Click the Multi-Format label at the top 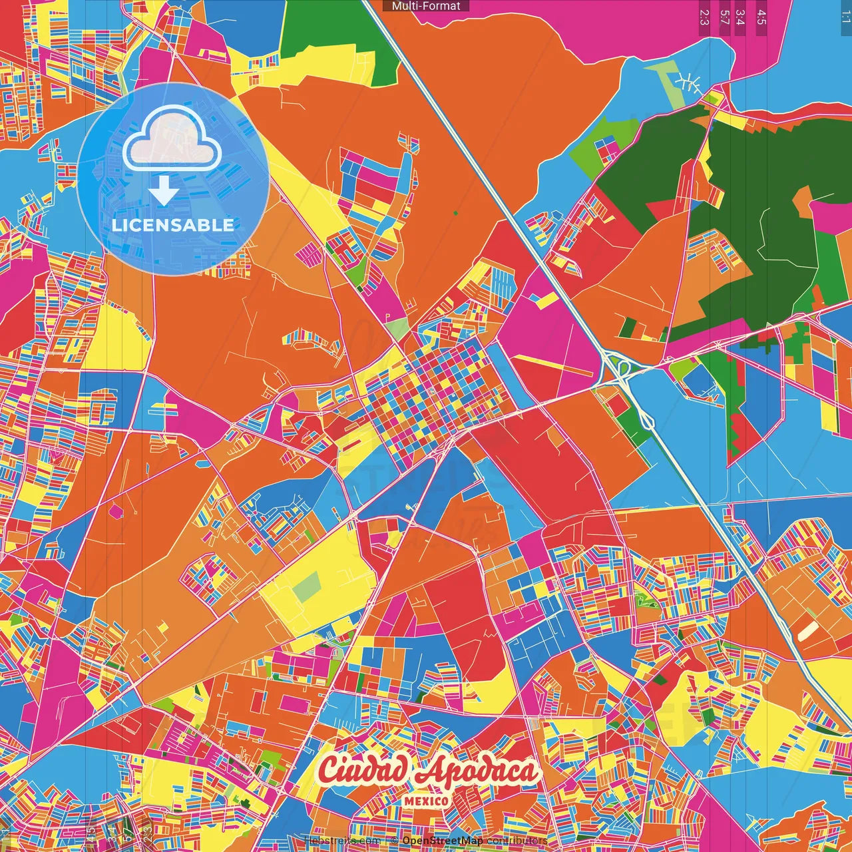pos(426,6)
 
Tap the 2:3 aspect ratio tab pos(704,17)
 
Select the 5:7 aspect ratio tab pos(724,17)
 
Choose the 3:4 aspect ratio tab pos(740,17)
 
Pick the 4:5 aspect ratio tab pos(761,17)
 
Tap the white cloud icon pos(172,138)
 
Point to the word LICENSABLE pos(173,225)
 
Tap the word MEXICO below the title pos(426,801)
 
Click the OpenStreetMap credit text pos(442,841)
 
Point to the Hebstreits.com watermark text pos(341,841)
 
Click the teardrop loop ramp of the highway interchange pos(645,419)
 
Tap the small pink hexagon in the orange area pos(116,511)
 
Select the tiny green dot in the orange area pos(456,213)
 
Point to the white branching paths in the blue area pos(688,83)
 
